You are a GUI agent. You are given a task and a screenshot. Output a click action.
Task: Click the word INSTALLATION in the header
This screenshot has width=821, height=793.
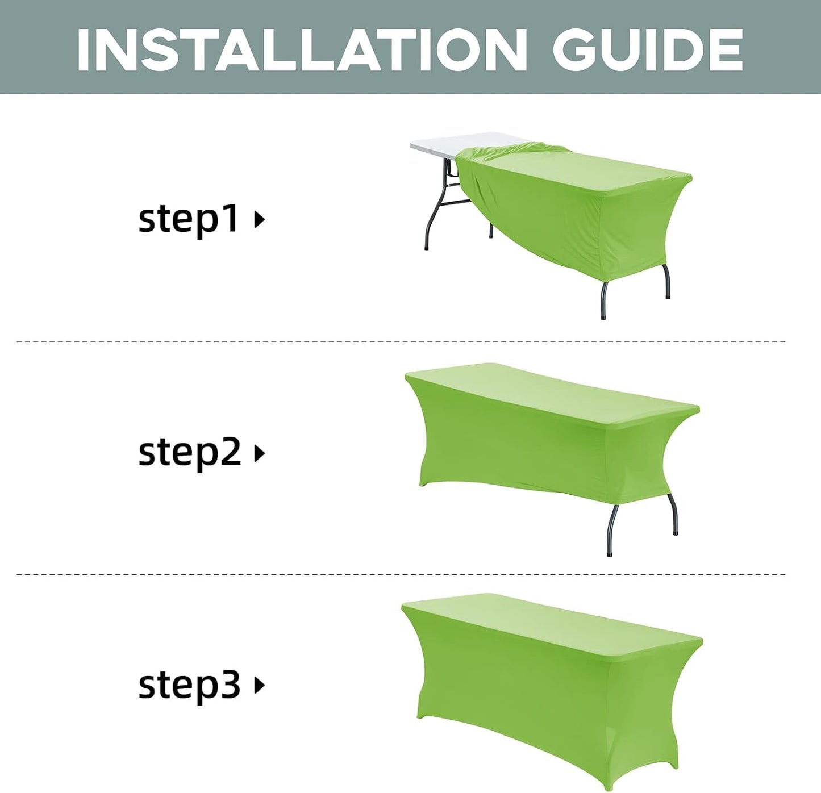(x=301, y=50)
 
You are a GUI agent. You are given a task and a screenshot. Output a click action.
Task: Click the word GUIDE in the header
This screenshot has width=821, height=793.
(x=648, y=50)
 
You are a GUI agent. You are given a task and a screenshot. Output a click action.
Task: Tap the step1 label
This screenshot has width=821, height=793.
(x=188, y=219)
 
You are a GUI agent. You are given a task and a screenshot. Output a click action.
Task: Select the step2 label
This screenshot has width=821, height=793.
(x=189, y=453)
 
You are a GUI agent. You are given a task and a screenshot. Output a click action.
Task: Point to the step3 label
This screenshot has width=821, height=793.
(x=189, y=685)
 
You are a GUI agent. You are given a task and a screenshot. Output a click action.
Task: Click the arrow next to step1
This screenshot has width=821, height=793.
(x=259, y=219)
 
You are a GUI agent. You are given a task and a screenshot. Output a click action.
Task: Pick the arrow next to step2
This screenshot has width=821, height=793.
(x=259, y=453)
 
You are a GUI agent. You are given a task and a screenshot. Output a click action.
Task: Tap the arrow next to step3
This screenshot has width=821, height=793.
(x=259, y=685)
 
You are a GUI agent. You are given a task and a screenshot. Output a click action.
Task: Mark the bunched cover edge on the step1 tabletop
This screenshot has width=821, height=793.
(x=511, y=151)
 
